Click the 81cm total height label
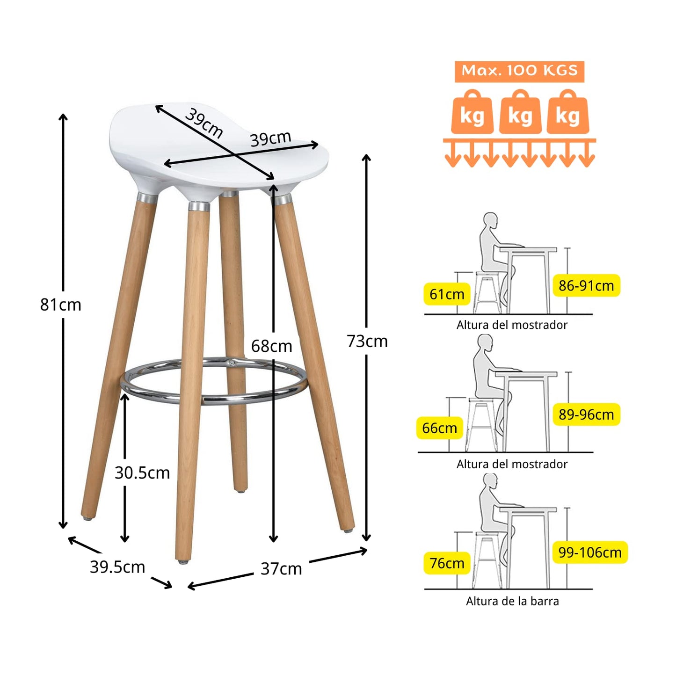(61, 305)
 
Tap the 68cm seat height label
(271, 346)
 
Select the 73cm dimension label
(367, 341)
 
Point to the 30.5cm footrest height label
(142, 473)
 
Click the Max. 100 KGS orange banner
(520, 72)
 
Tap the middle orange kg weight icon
(520, 112)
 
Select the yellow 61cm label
(447, 294)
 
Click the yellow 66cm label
(440, 428)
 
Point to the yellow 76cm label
(447, 563)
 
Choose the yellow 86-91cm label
(586, 285)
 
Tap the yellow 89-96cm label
(586, 414)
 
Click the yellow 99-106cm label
(590, 552)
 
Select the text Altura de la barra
(512, 601)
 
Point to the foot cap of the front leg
(183, 562)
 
